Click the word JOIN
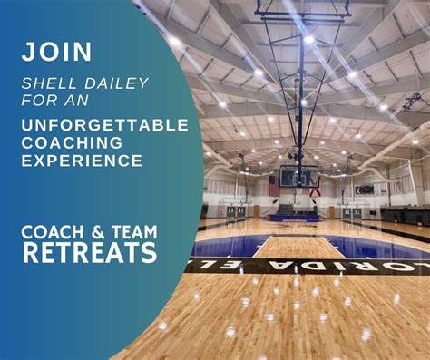tap(57, 52)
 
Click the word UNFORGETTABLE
tap(104, 125)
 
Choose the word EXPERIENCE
tap(82, 161)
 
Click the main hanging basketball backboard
tap(299, 176)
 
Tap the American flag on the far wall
tap(275, 185)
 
